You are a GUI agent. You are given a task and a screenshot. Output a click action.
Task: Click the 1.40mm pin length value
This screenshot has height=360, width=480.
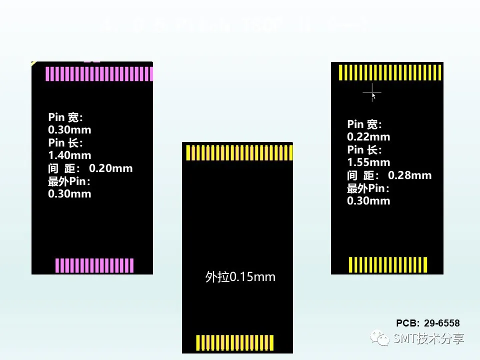coord(69,155)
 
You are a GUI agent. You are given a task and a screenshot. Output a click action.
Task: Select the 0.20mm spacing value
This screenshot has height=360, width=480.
coord(110,168)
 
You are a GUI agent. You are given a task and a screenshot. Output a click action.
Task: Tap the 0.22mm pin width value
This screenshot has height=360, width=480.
coord(368,137)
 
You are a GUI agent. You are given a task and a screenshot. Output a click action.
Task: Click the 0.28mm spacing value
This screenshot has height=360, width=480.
coord(409,175)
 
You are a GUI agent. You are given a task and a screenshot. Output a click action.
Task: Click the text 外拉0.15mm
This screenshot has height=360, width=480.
coord(240,277)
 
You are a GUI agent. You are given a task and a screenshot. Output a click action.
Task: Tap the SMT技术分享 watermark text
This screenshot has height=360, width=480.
coord(428,338)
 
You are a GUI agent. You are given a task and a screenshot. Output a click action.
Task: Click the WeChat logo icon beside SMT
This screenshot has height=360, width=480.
coord(380,338)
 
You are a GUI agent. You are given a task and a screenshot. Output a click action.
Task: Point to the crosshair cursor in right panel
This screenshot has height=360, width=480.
coord(372,92)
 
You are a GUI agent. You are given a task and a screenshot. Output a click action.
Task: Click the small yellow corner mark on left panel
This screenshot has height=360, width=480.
coord(33,63)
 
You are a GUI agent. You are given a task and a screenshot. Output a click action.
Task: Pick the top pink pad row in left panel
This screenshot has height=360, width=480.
coord(99,73)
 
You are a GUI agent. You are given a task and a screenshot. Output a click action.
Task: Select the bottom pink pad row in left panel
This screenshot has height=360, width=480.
coord(94,265)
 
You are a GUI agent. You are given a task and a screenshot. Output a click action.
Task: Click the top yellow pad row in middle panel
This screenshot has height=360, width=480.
coord(238,152)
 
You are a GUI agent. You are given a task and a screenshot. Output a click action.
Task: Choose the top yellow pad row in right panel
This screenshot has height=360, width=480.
coord(390,73)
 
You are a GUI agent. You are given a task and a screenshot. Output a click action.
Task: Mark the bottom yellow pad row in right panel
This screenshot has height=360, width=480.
coord(388,264)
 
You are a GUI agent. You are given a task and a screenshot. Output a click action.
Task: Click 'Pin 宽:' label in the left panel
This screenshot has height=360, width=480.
coord(65,117)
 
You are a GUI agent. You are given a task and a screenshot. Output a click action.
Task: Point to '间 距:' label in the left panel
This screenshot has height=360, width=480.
coord(63,168)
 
